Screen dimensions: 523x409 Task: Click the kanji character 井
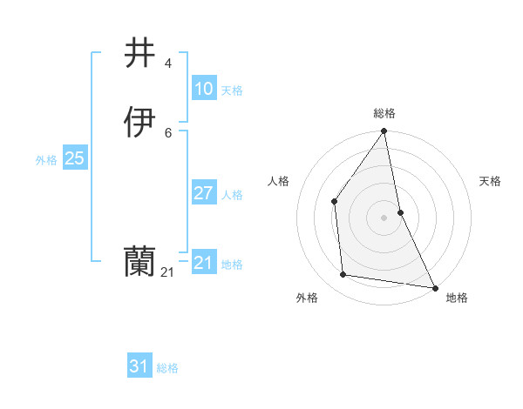pyautogui.click(x=141, y=54)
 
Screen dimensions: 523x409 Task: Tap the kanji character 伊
pyautogui.click(x=141, y=122)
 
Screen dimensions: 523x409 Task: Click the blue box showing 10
pyautogui.click(x=204, y=89)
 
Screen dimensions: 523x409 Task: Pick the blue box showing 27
pyautogui.click(x=204, y=193)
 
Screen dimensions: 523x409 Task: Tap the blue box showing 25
pyautogui.click(x=75, y=158)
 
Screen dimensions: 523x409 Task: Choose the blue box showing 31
pyautogui.click(x=139, y=367)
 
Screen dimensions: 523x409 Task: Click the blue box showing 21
pyautogui.click(x=204, y=263)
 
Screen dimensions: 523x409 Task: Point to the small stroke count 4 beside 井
pyautogui.click(x=168, y=64)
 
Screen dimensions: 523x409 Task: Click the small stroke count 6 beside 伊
pyautogui.click(x=168, y=132)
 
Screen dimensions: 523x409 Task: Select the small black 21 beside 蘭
pyautogui.click(x=167, y=272)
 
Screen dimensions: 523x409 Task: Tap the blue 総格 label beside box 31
pyautogui.click(x=167, y=368)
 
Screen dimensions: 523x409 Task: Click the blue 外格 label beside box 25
pyautogui.click(x=46, y=160)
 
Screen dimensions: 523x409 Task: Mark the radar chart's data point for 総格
pyautogui.click(x=384, y=132)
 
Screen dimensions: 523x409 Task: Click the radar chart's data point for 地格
pyautogui.click(x=434, y=286)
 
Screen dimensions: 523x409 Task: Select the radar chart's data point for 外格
pyautogui.click(x=343, y=275)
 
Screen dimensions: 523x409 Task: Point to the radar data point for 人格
pyautogui.click(x=334, y=202)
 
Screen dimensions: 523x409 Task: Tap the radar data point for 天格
pyautogui.click(x=400, y=211)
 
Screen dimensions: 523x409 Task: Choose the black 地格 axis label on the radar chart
pyautogui.click(x=457, y=298)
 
